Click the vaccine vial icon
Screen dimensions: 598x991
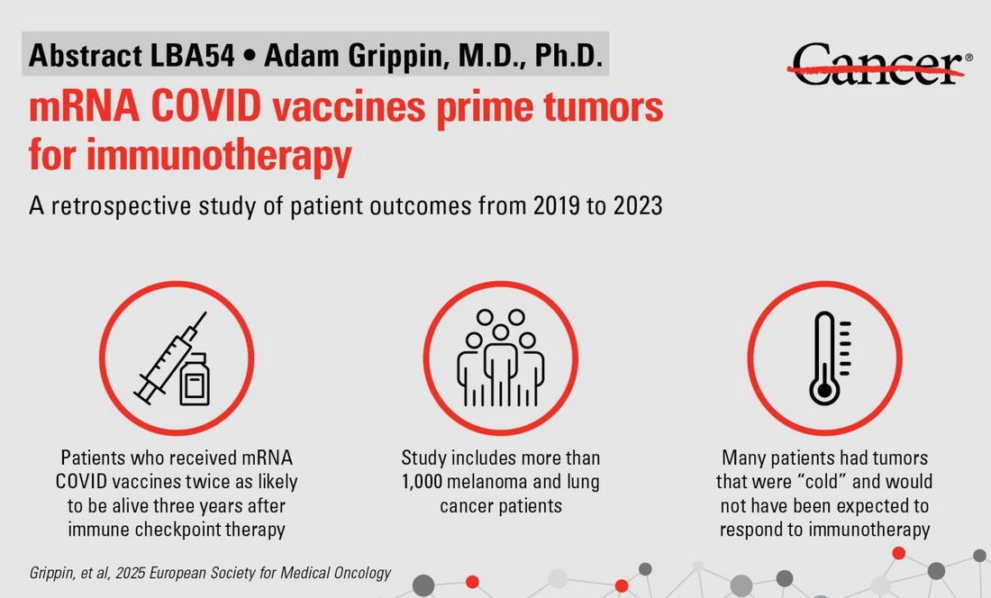[195, 378]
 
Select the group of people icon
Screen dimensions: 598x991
[500, 358]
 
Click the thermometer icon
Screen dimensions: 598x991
[825, 358]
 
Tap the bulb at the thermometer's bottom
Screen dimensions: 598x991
[823, 390]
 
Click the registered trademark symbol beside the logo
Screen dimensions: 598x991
[968, 58]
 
